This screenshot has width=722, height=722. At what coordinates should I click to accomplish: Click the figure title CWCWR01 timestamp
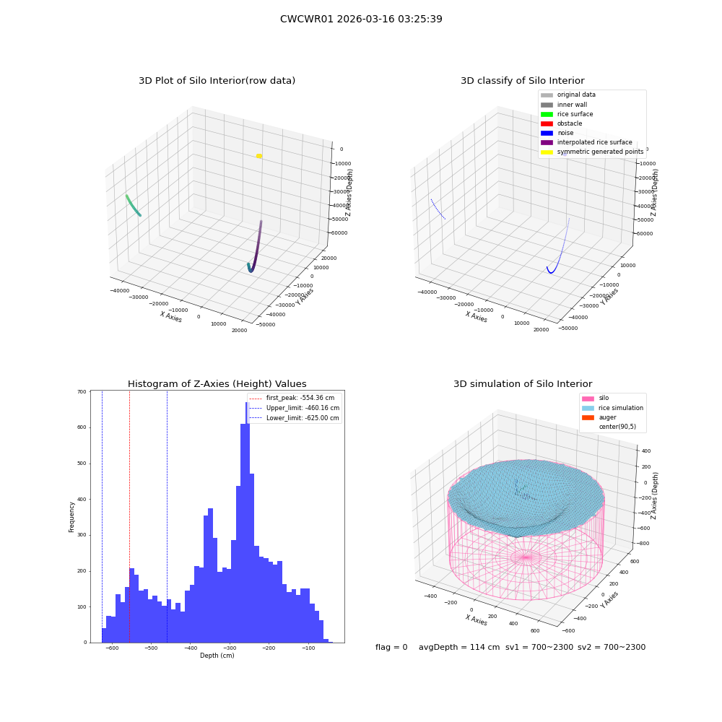pyautogui.click(x=361, y=19)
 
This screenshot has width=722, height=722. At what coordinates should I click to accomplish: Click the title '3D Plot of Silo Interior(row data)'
pyautogui.click(x=217, y=81)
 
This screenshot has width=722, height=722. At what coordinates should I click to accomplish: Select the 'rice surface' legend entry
pyautogui.click(x=567, y=114)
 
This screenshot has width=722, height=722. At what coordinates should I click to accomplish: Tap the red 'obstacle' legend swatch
pyautogui.click(x=547, y=123)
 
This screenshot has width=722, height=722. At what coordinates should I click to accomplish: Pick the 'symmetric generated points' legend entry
pyautogui.click(x=592, y=152)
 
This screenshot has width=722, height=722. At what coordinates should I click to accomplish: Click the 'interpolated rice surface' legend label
pyautogui.click(x=594, y=142)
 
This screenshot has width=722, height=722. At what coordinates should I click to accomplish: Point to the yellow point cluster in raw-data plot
pyautogui.click(x=259, y=156)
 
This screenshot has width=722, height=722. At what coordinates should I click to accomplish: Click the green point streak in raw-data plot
pyautogui.click(x=133, y=205)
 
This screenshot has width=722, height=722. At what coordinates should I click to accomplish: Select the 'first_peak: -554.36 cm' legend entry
pyautogui.click(x=292, y=398)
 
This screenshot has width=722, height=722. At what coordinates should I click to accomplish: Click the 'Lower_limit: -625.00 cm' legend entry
pyautogui.click(x=294, y=418)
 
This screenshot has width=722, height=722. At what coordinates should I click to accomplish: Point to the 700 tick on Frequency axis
pyautogui.click(x=82, y=392)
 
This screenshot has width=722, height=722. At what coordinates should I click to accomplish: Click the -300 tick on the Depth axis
pyautogui.click(x=230, y=648)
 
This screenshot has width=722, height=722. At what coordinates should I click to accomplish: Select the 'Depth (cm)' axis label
pyautogui.click(x=217, y=656)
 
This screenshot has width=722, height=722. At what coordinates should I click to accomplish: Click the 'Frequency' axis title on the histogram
pyautogui.click(x=71, y=517)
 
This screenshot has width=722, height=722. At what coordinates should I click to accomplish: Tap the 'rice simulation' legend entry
pyautogui.click(x=612, y=408)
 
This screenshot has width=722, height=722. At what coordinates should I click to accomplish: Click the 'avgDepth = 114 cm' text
pyautogui.click(x=459, y=647)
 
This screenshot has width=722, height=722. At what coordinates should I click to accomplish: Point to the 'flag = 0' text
pyautogui.click(x=391, y=647)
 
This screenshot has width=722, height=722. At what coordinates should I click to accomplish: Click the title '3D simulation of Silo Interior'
pyautogui.click(x=523, y=384)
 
